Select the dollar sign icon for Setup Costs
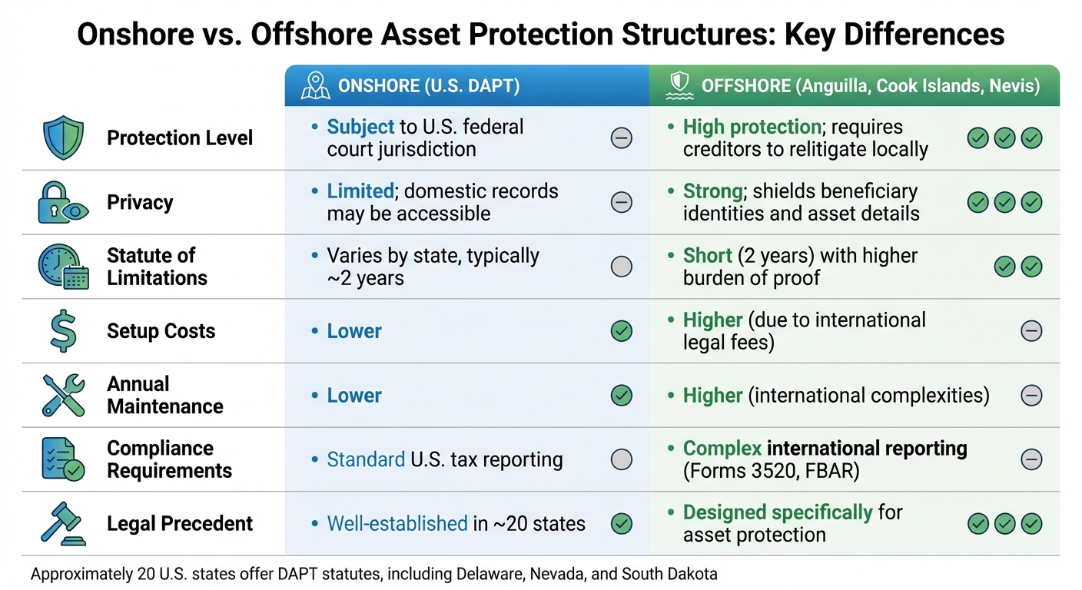coord(62,331)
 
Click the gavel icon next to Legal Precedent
coord(61,525)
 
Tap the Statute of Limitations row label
coord(157,267)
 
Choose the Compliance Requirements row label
coord(169,459)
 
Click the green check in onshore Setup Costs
coord(621,331)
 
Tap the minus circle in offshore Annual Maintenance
coord(1031,396)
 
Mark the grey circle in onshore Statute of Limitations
coord(621,267)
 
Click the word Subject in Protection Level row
coord(360,127)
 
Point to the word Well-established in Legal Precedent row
coord(397,524)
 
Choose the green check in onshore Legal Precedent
coord(621,524)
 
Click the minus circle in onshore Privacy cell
coord(621,202)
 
